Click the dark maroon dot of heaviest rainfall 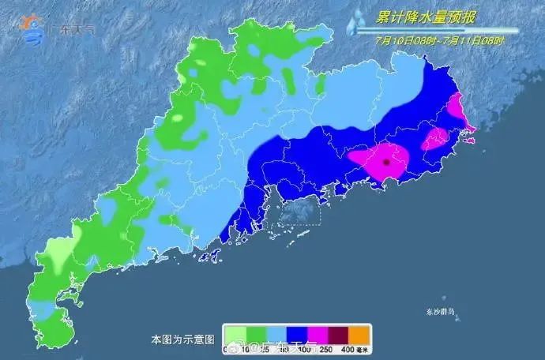click(385, 162)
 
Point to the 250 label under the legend click(328, 348)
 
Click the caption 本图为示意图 click(182, 339)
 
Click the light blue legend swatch click(276, 335)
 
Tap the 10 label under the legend click(245, 348)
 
